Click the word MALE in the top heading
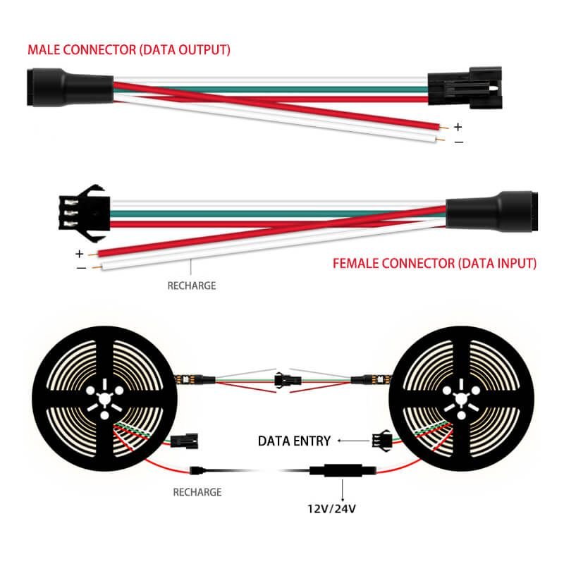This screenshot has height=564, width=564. coord(44,50)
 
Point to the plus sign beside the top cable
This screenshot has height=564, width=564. coord(458,128)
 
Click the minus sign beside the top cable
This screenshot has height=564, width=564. coord(458,143)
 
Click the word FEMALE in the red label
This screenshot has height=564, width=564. coord(355,264)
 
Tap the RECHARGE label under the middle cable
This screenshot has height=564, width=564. coord(191,286)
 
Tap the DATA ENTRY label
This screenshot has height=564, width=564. coord(294,441)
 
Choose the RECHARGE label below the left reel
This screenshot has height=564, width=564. coord(197,491)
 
